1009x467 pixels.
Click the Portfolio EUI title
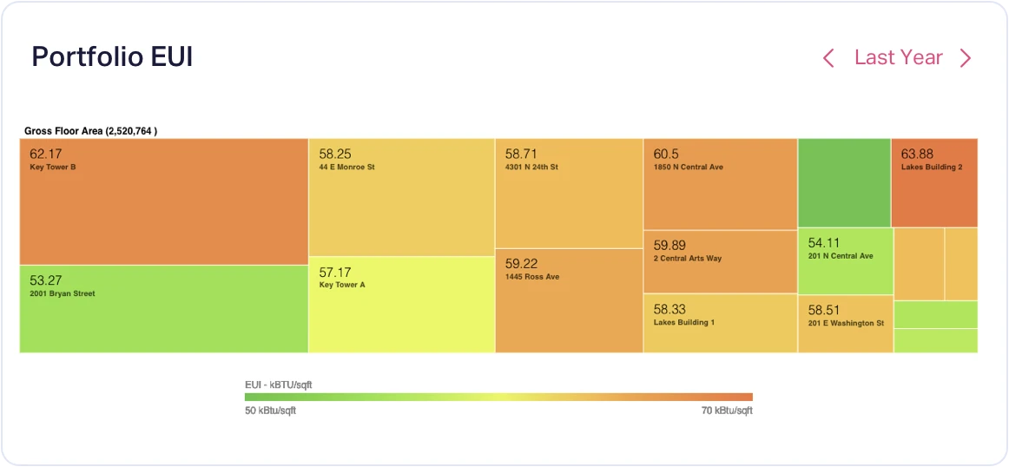[112, 57]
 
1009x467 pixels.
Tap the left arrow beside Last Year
[828, 58]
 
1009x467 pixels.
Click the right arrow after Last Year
[965, 58]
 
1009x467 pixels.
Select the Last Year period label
[898, 57]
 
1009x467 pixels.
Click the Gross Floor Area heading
[90, 131]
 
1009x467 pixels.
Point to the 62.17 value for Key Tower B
[46, 154]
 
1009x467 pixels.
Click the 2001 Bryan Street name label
[63, 293]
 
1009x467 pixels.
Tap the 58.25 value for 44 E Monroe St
[335, 154]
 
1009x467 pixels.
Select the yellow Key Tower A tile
[401, 312]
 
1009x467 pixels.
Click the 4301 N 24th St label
[531, 167]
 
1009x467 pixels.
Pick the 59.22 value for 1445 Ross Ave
[521, 263]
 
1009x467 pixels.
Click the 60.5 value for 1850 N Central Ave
[667, 154]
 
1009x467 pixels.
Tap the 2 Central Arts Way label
[688, 259]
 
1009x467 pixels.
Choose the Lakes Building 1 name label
[684, 322]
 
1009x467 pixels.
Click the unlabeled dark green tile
[844, 182]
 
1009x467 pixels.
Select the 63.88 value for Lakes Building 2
[918, 154]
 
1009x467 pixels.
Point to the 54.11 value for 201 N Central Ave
[824, 243]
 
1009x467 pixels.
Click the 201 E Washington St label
[846, 323]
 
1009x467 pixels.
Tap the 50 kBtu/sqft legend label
[271, 411]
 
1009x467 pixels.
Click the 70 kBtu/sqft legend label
[727, 411]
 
